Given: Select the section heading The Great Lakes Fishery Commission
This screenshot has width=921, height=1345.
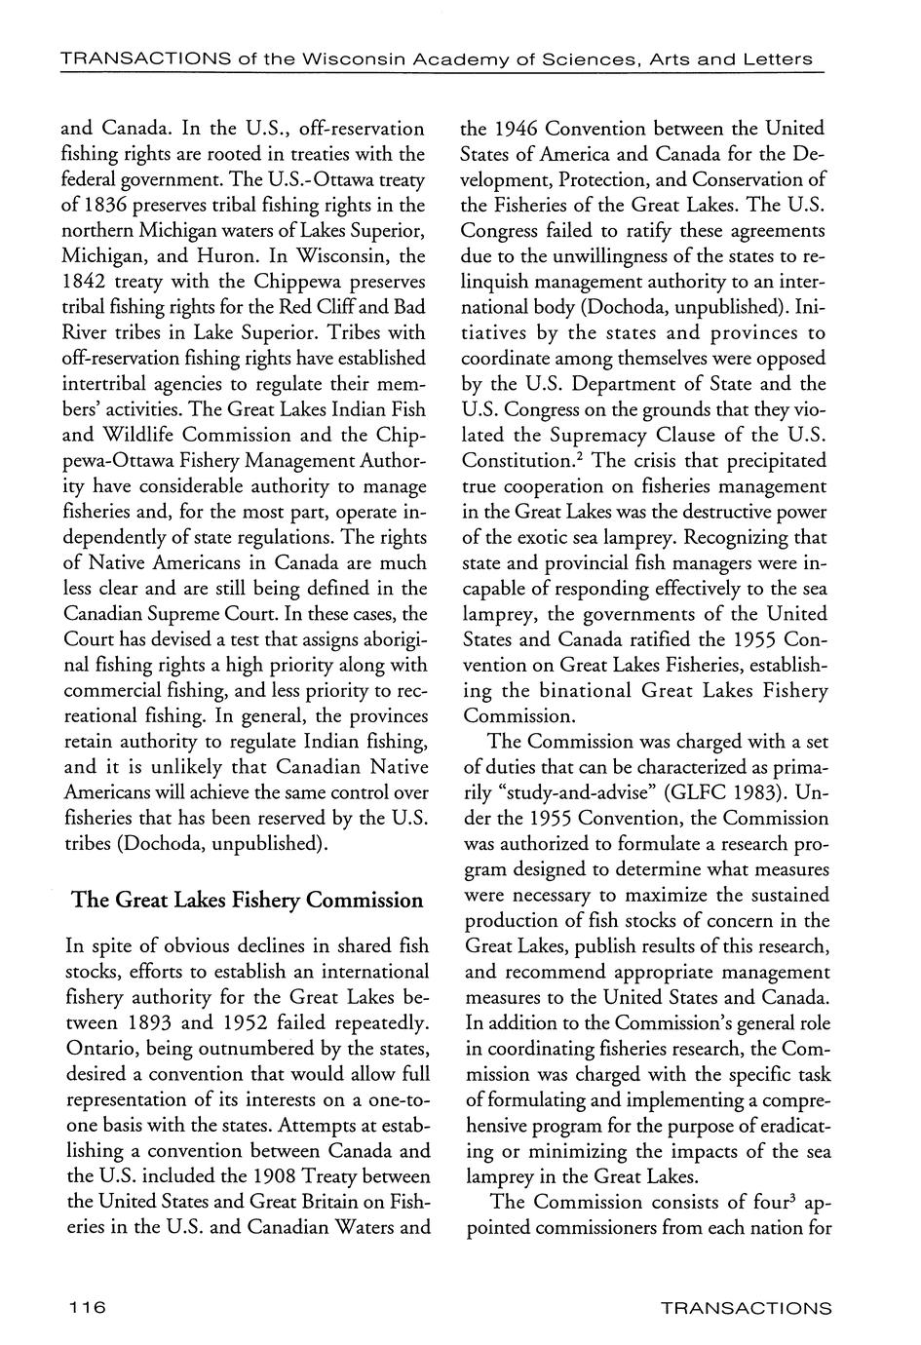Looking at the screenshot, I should pos(248,900).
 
